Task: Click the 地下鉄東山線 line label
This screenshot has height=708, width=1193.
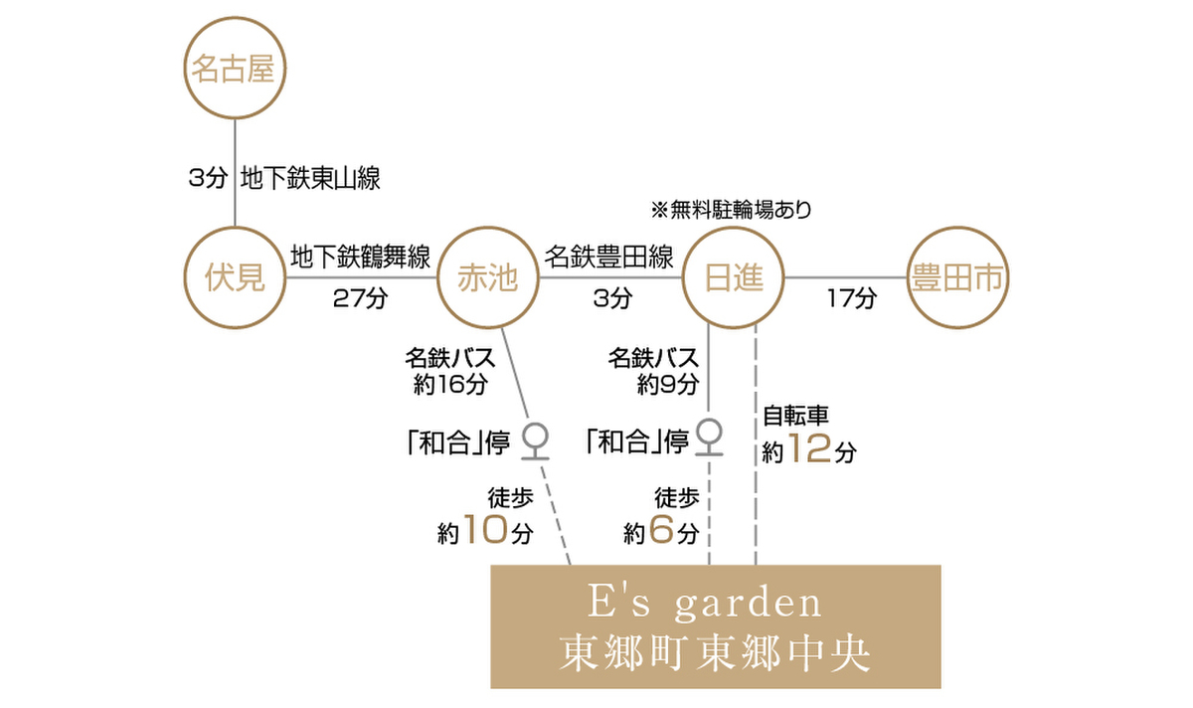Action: pyautogui.click(x=310, y=178)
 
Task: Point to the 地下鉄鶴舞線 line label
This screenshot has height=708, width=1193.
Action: pyautogui.click(x=361, y=258)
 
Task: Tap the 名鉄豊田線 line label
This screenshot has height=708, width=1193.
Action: pyautogui.click(x=608, y=258)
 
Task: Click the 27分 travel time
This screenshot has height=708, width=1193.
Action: pyautogui.click(x=361, y=298)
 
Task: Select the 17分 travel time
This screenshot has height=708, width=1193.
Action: pyautogui.click(x=852, y=298)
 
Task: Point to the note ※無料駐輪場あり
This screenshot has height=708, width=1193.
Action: pyautogui.click(x=732, y=210)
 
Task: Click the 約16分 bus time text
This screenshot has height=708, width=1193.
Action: pyautogui.click(x=450, y=384)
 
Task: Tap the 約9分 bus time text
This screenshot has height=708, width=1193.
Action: pyautogui.click(x=668, y=384)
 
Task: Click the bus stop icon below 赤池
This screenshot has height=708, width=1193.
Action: pyautogui.click(x=535, y=442)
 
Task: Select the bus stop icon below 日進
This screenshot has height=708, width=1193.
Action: pyautogui.click(x=709, y=438)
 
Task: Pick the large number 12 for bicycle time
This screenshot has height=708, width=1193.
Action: pyautogui.click(x=809, y=448)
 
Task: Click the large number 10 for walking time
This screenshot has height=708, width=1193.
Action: pyautogui.click(x=485, y=530)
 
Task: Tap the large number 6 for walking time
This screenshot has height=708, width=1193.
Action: pyautogui.click(x=661, y=530)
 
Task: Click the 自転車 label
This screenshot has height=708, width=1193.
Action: pyautogui.click(x=795, y=416)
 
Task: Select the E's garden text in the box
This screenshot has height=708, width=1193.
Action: pyautogui.click(x=705, y=603)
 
